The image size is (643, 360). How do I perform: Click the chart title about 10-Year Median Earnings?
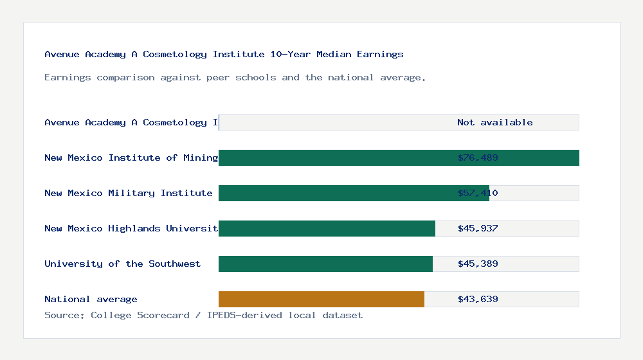click(x=224, y=54)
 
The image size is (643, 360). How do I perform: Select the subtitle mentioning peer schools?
click(x=235, y=77)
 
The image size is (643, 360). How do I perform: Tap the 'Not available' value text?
click(x=494, y=122)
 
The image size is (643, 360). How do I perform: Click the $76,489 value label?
click(x=478, y=157)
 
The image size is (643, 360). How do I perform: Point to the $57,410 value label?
click(x=478, y=193)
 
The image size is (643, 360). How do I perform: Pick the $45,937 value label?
click(x=478, y=228)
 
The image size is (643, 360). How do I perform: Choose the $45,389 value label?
click(x=478, y=264)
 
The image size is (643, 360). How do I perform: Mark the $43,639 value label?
click(x=478, y=299)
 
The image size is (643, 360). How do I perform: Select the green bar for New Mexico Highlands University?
click(x=327, y=228)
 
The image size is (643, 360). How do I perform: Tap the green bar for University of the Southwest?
click(x=325, y=264)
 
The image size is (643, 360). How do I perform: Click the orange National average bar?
click(x=321, y=299)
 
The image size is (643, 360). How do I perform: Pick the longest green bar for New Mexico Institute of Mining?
click(x=334, y=157)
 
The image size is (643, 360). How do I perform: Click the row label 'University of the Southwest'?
click(x=122, y=264)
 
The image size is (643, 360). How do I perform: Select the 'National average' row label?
click(x=91, y=299)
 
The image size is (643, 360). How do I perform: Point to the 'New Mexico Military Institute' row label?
click(x=128, y=193)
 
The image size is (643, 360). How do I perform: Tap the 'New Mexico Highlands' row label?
click(x=131, y=228)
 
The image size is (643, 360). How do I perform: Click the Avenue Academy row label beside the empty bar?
click(x=131, y=122)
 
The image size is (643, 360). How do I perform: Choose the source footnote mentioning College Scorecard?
click(x=203, y=315)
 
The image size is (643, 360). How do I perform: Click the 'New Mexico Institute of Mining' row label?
click(x=131, y=157)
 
